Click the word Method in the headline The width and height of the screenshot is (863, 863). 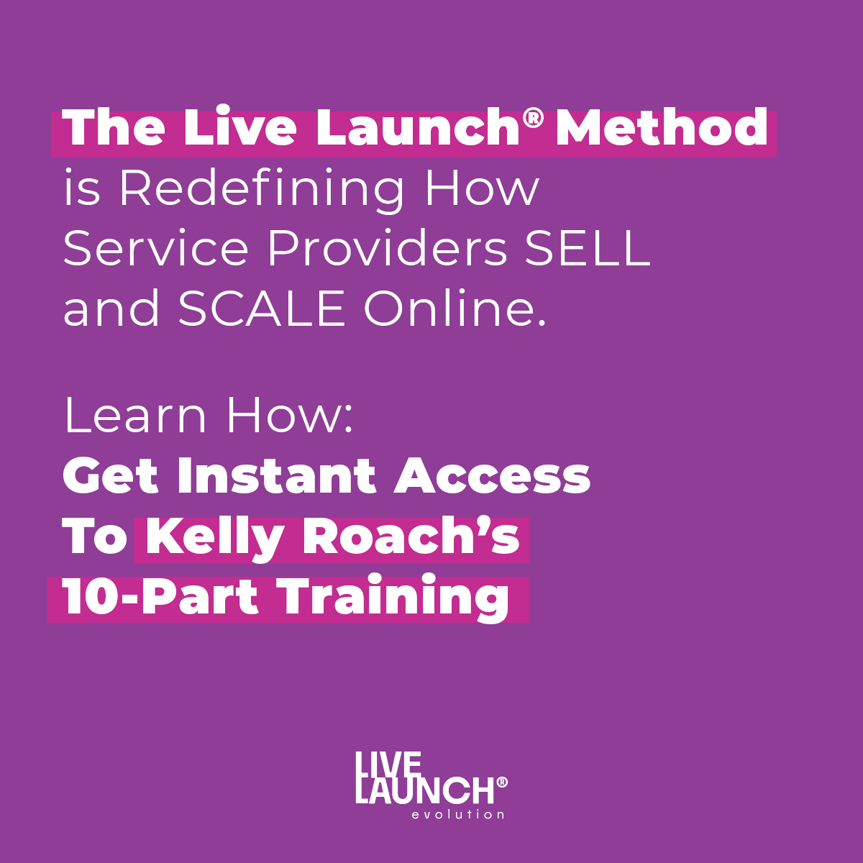(662, 127)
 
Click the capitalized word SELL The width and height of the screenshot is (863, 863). (587, 249)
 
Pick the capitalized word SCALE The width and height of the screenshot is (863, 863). (262, 309)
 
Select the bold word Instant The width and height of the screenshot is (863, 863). (276, 475)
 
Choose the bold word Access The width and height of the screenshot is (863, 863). (492, 475)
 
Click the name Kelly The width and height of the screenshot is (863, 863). (214, 539)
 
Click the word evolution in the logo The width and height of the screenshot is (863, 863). (457, 814)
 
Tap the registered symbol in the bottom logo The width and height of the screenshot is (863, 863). (502, 782)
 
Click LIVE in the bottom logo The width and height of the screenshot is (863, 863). (388, 767)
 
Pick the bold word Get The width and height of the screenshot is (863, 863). (111, 475)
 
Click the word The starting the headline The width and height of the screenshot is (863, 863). (114, 127)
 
